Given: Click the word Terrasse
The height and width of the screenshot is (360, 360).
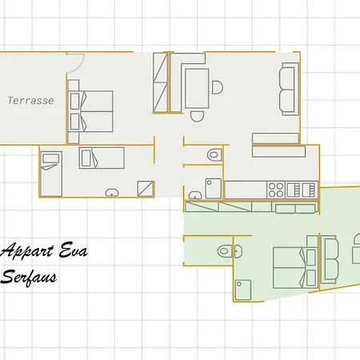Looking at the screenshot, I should (30, 101).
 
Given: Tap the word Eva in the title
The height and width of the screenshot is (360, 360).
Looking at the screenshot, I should (70, 253).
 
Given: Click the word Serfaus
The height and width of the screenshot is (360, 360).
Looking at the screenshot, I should (33, 278).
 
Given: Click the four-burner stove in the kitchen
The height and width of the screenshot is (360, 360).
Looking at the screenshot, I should (275, 190).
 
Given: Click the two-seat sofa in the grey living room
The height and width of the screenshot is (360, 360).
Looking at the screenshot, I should (288, 90).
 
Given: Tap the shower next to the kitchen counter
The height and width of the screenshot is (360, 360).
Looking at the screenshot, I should (212, 188).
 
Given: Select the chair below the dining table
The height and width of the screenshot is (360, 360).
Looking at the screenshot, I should (197, 114).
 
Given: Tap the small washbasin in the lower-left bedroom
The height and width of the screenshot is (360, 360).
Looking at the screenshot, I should (113, 191).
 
